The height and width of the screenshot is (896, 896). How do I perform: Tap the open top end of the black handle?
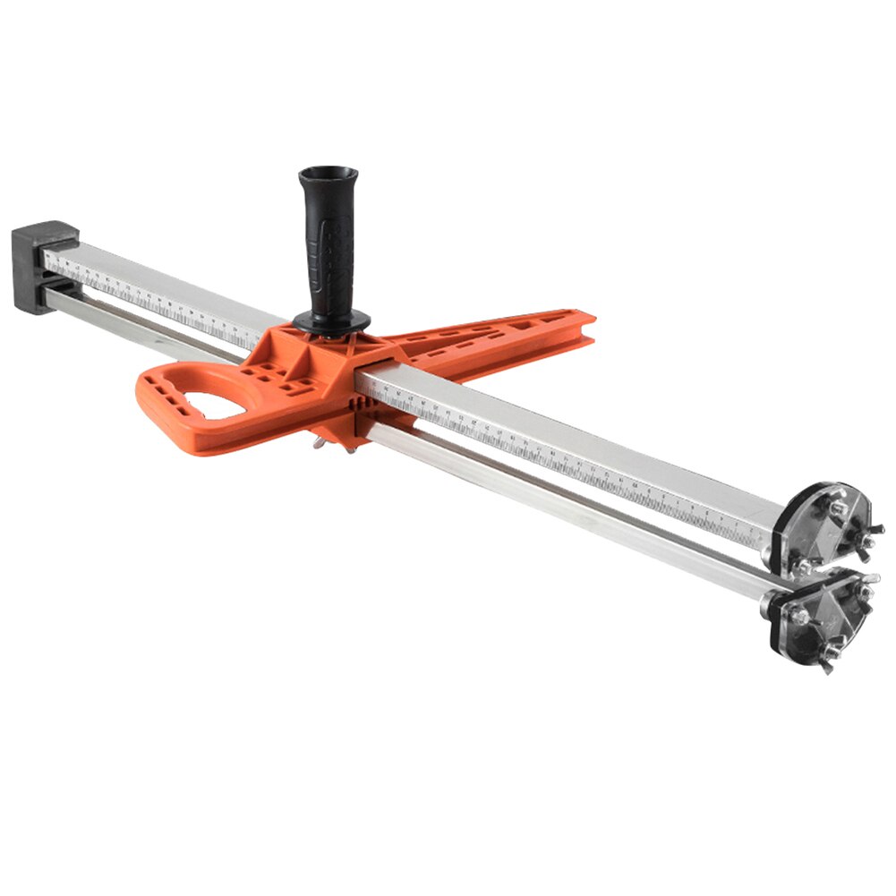pyautogui.click(x=329, y=171)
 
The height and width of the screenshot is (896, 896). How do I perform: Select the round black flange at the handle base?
pyautogui.click(x=331, y=320)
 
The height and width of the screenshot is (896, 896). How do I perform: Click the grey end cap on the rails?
pyautogui.click(x=41, y=266)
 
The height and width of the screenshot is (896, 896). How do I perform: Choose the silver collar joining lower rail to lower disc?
pyautogui.click(x=772, y=602)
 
